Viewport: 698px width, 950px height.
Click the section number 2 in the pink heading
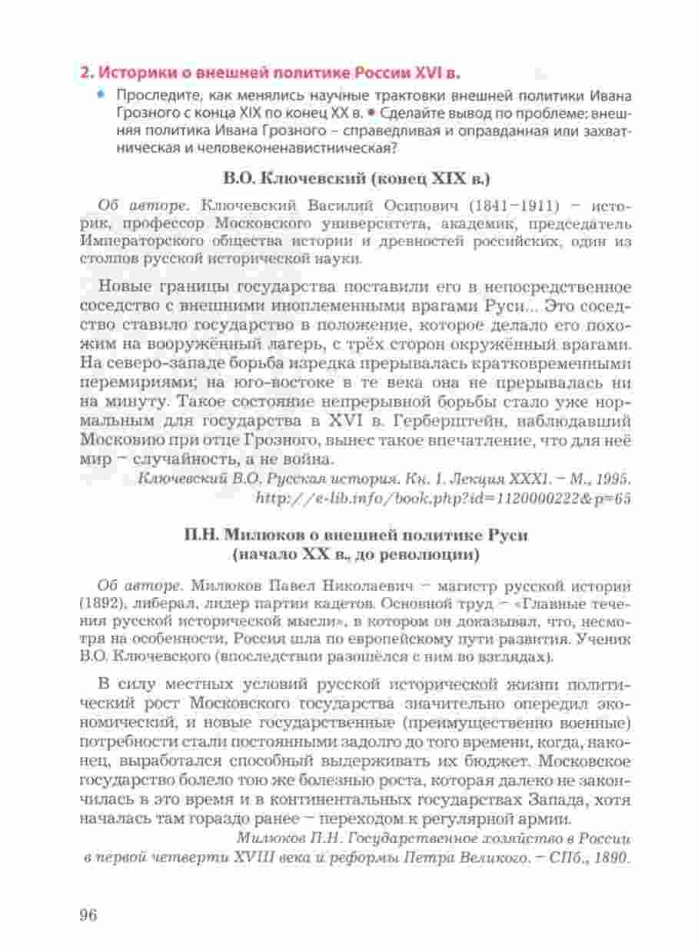click(86, 74)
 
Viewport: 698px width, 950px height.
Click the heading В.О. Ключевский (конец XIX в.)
click(356, 178)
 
